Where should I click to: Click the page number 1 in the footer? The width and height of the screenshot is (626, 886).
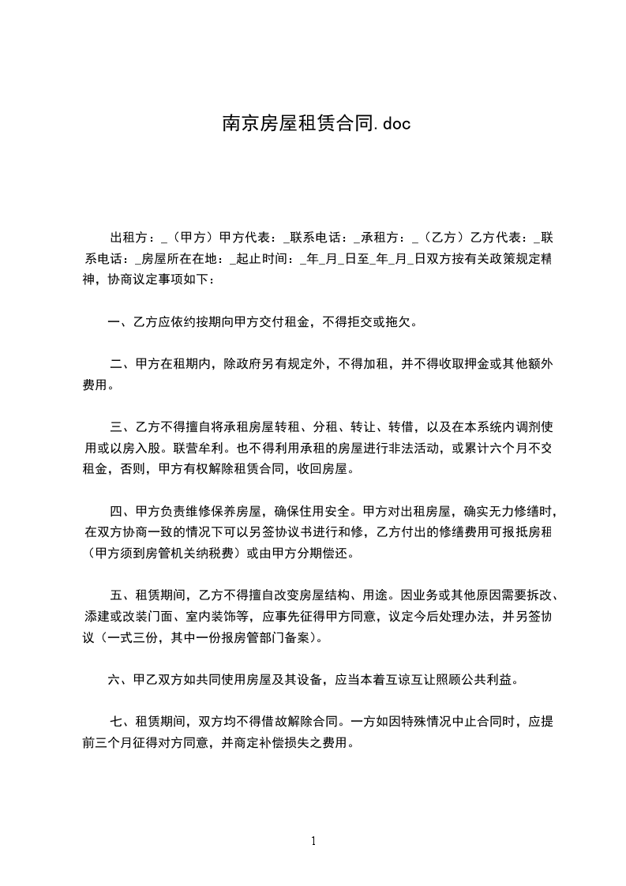313,842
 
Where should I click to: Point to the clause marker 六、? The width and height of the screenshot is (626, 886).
118,678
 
